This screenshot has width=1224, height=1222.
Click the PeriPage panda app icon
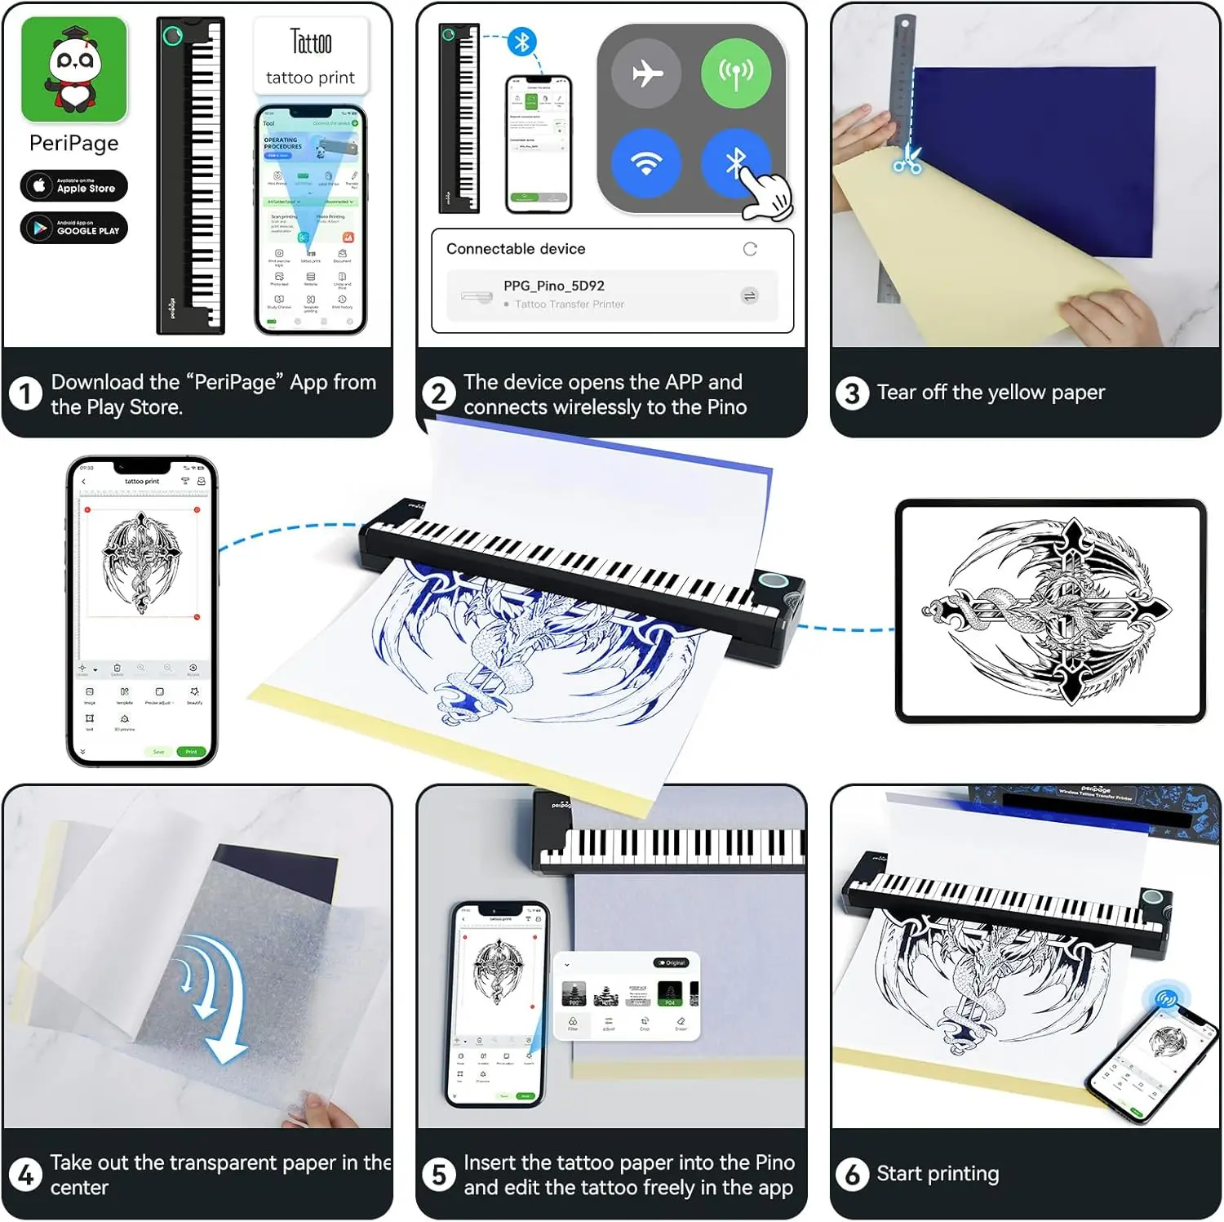tap(74, 70)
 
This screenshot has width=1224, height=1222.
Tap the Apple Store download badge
tap(74, 186)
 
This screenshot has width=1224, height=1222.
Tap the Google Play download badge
tap(74, 228)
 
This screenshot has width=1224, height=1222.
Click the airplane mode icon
tap(646, 73)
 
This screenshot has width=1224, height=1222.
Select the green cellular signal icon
tap(735, 73)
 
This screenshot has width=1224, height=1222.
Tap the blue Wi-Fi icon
tap(646, 162)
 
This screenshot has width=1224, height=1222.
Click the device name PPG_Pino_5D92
tap(553, 286)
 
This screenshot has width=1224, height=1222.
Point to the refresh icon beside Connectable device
tap(750, 249)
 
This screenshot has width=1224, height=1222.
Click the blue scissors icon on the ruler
tap(907, 160)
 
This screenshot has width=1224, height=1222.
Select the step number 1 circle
tap(25, 394)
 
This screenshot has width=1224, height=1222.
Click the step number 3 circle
tap(852, 393)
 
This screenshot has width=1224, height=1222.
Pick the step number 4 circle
tap(25, 1175)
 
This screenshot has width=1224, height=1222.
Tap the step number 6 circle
tap(852, 1175)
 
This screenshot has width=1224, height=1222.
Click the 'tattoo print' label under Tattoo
tap(310, 78)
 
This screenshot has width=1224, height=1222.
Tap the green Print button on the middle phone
tap(191, 752)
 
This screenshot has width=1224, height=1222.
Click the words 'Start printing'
tap(938, 1174)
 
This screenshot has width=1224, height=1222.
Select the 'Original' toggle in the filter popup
tap(672, 962)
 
